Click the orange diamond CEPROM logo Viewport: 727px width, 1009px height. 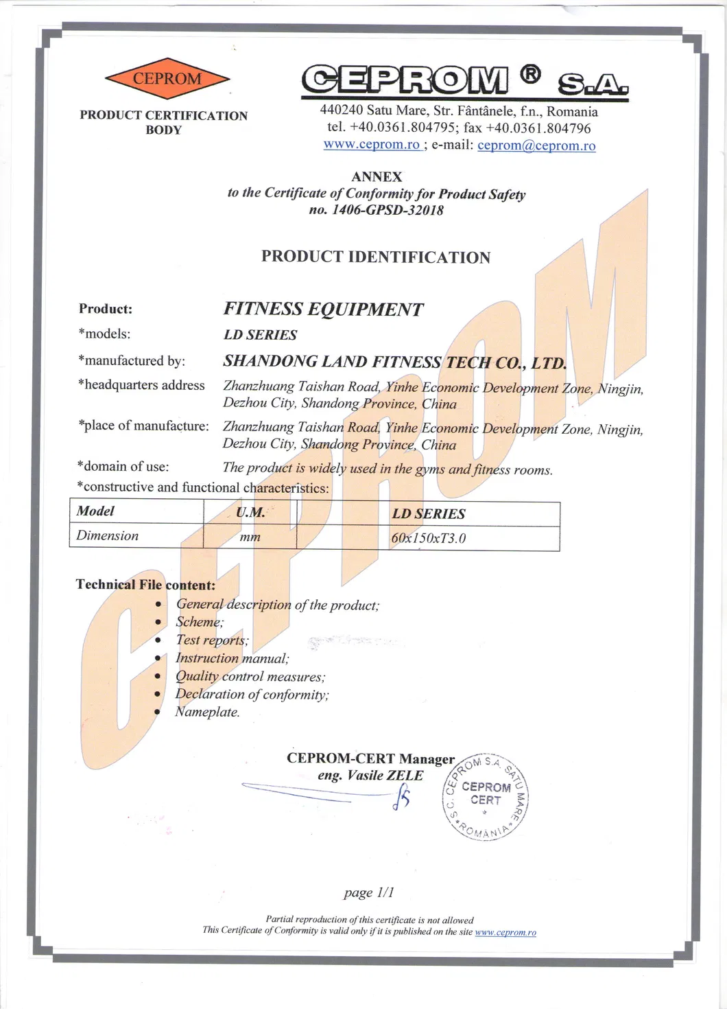point(167,79)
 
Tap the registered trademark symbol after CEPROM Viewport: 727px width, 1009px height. point(529,74)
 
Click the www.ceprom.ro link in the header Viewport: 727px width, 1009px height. point(371,145)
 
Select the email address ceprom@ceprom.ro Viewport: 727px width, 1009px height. point(536,146)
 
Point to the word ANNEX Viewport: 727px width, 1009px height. point(377,177)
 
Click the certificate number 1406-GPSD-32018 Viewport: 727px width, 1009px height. point(388,210)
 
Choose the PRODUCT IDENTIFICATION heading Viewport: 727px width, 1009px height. point(376,257)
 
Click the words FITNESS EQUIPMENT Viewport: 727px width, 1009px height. point(323,310)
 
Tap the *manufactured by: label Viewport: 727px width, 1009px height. point(132,361)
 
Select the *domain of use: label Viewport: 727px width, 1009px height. point(123,467)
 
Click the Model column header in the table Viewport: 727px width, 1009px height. point(95,511)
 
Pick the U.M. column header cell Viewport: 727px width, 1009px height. point(250,513)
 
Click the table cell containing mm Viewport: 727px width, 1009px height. point(250,537)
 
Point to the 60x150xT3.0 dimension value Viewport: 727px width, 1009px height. point(428,538)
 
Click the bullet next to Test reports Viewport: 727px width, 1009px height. point(158,640)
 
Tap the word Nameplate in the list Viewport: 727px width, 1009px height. point(206,712)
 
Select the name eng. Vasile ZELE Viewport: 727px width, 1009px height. point(370,776)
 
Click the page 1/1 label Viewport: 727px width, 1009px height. point(369,892)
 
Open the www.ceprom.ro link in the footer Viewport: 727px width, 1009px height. point(505,932)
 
